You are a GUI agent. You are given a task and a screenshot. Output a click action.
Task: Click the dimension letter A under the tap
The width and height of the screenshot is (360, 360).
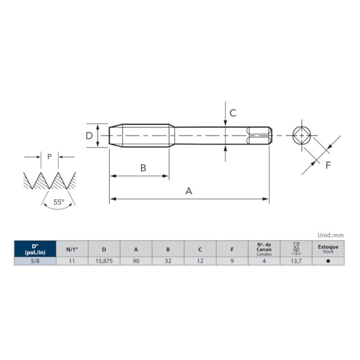tap(188, 191)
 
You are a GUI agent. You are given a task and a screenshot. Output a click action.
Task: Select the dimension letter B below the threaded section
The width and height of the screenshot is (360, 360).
tap(143, 168)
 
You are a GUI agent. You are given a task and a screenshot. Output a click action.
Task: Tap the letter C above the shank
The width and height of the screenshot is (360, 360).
tap(233, 113)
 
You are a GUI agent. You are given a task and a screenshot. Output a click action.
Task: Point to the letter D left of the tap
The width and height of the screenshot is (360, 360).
tap(89, 136)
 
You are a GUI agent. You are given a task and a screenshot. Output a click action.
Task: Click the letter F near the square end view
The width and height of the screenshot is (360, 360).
tap(327, 165)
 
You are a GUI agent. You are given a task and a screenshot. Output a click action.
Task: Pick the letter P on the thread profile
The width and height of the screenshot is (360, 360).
tap(49, 157)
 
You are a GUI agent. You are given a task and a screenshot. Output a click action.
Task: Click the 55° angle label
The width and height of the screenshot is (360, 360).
tap(59, 202)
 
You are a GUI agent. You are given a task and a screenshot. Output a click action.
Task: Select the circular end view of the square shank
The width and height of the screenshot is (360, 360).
tap(301, 135)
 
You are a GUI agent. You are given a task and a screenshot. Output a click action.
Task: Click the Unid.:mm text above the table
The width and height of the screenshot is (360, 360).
tap(330, 235)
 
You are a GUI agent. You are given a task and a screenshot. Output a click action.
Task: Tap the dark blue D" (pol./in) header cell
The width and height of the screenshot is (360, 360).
tap(35, 249)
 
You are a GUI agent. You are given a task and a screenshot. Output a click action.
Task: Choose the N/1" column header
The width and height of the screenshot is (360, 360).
tap(72, 249)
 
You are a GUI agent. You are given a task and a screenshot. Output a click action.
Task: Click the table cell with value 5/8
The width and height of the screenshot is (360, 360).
tap(35, 261)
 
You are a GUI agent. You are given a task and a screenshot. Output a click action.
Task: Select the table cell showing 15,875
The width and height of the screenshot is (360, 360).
tap(104, 261)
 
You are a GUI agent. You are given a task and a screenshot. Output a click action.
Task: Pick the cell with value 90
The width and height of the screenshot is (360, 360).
tap(136, 261)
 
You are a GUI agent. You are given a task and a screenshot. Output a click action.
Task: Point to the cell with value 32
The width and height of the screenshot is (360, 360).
tap(168, 261)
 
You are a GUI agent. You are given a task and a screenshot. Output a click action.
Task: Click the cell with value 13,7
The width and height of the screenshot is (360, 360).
tap(296, 261)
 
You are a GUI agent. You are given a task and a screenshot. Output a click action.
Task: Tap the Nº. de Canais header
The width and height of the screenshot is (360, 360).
tap(264, 249)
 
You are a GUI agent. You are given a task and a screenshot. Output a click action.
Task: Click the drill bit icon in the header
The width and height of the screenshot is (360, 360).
tap(296, 249)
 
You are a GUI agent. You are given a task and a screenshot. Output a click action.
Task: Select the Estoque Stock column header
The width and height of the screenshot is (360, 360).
tap(328, 249)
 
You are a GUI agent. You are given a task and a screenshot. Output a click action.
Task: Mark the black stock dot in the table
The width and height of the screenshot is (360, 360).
tap(328, 261)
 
